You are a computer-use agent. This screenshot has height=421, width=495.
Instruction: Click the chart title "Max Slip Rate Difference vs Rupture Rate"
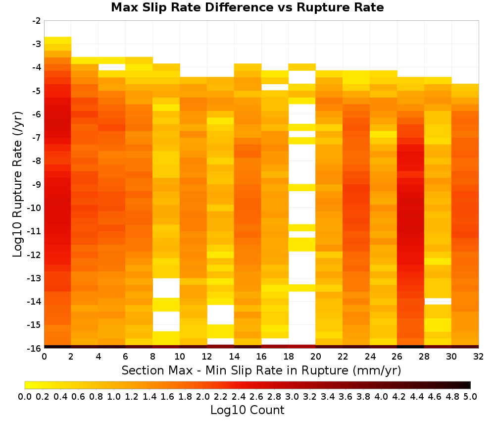247,7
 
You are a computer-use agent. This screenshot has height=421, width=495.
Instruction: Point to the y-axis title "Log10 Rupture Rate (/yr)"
18,184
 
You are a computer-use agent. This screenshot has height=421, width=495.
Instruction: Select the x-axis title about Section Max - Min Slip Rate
261,370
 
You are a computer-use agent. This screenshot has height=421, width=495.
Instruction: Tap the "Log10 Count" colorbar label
247,410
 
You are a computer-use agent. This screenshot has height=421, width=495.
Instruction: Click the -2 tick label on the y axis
37,21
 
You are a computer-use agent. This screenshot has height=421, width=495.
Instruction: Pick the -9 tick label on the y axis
37,184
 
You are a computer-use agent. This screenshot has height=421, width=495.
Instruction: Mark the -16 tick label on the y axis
35,348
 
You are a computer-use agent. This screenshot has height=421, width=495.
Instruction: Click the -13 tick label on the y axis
35,278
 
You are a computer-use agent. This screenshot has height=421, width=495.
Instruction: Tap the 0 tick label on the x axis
44,357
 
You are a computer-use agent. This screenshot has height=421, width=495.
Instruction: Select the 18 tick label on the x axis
289,357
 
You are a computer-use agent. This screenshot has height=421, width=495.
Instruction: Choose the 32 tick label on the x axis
479,357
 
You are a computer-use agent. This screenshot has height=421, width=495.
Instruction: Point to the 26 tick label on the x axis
397,357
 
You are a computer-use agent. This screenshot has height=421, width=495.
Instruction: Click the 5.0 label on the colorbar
470,396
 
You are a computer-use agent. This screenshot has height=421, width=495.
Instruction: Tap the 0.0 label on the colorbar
25,396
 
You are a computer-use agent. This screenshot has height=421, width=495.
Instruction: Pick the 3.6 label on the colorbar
346,396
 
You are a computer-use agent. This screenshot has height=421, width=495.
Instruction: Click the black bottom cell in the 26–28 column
411,347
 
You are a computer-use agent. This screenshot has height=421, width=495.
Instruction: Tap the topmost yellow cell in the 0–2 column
58,41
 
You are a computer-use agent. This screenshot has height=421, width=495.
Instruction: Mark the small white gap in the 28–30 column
438,301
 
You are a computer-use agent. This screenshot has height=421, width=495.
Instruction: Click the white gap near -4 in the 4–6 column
112,67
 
